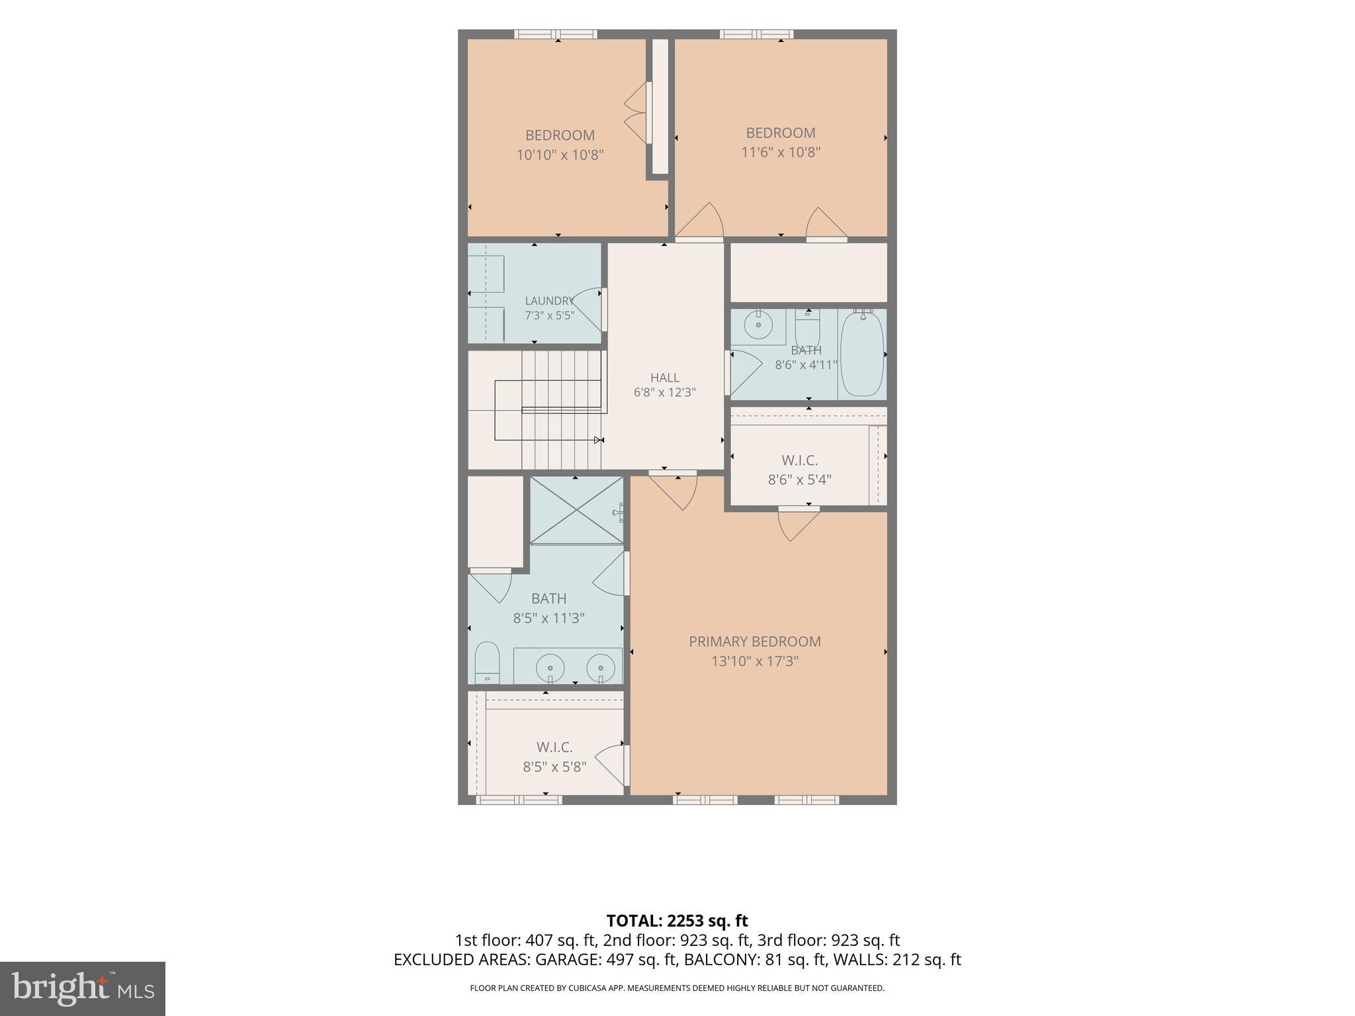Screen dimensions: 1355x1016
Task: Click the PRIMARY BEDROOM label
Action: point(754,641)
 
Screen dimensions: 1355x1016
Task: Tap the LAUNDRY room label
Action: point(549,301)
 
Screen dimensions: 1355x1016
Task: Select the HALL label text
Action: point(665,378)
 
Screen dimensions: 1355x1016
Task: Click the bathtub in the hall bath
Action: point(861,354)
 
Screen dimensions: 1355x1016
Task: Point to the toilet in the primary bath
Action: point(487,661)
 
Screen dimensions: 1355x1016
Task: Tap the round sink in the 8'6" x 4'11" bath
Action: point(758,324)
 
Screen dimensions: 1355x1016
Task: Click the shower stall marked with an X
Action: point(577,510)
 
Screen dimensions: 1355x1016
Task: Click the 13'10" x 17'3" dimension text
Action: point(755,661)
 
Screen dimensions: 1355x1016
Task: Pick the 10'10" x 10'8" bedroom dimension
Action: point(560,155)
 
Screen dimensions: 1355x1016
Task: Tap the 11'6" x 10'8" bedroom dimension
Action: point(781,152)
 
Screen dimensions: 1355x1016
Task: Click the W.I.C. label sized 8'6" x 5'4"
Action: point(800,460)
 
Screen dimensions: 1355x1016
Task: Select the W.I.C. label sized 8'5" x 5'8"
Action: point(554,747)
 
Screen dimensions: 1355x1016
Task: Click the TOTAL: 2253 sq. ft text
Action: point(677,920)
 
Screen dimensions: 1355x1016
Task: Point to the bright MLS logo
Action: point(83,988)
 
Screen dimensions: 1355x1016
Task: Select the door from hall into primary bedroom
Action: point(673,489)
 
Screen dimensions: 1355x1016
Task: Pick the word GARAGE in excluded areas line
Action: point(564,960)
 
